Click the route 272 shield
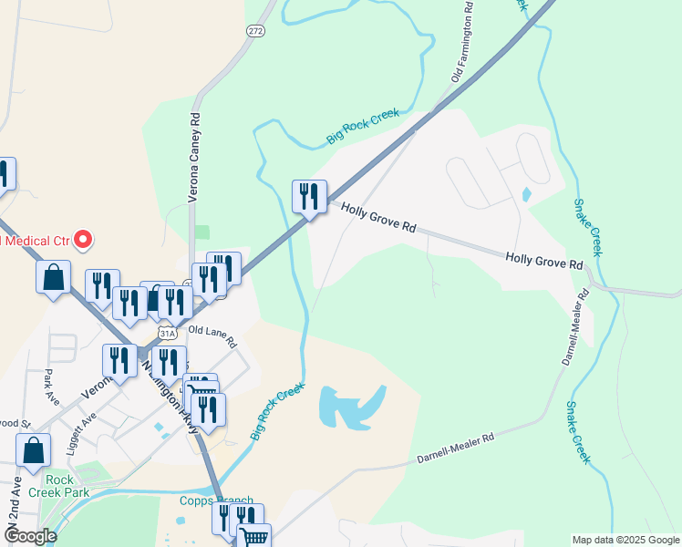click(254, 30)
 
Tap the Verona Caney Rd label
click(193, 157)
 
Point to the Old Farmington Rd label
click(462, 43)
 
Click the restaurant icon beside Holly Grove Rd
click(309, 197)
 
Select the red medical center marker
click(83, 241)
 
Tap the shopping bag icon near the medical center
click(53, 277)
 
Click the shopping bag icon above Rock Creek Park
click(33, 449)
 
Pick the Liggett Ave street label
click(81, 428)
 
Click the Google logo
click(29, 536)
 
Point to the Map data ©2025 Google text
click(625, 540)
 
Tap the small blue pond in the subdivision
click(526, 194)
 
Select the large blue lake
click(350, 406)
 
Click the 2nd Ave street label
click(15, 500)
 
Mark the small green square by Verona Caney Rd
click(201, 232)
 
